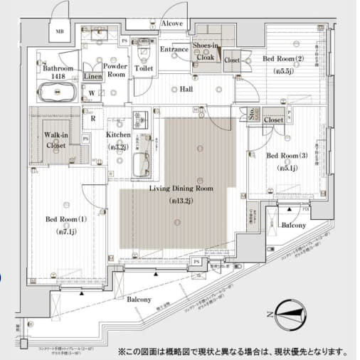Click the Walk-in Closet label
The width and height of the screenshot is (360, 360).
pyautogui.click(x=55, y=139)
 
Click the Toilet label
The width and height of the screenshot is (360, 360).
pyautogui.click(x=144, y=69)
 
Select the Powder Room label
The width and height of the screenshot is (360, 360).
pyautogui.click(x=115, y=70)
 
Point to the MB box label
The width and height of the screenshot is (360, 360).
pyautogui.click(x=60, y=31)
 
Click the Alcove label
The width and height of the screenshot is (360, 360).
pyautogui.click(x=172, y=23)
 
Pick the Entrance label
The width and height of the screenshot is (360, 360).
pyautogui.click(x=174, y=49)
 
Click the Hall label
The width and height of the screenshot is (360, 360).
pyautogui.click(x=186, y=90)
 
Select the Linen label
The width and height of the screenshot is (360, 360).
pyautogui.click(x=92, y=75)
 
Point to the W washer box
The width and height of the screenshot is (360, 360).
pyautogui.click(x=92, y=92)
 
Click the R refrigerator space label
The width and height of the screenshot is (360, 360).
pyautogui.click(x=92, y=110)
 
